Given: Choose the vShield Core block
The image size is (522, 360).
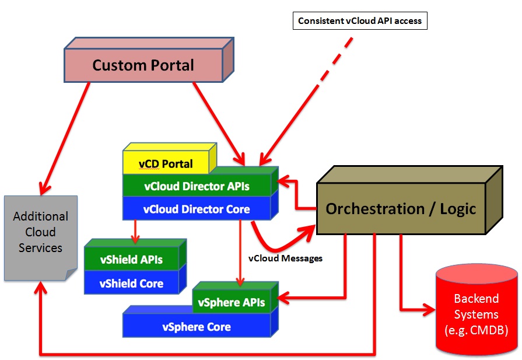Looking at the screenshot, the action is tap(131, 283).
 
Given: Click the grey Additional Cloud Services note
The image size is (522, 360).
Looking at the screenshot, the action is tap(41, 238).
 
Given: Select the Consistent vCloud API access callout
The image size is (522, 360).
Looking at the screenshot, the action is tap(360, 20).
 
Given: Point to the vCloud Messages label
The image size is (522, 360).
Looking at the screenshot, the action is tap(285, 258).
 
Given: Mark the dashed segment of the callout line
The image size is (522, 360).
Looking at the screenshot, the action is tap(335, 62).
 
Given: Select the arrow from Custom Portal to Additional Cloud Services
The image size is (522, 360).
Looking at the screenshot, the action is tap(65, 138).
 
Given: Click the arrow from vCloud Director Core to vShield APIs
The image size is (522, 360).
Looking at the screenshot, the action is tap(135, 232).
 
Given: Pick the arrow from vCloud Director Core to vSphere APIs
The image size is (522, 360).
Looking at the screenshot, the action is tap(240, 253).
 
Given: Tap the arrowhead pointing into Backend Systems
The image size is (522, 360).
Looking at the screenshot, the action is tap(429, 310).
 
